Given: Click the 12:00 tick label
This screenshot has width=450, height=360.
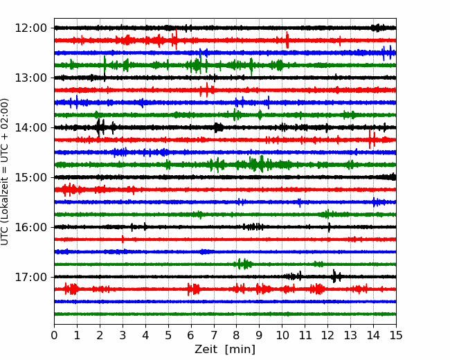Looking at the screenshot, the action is (x=30, y=28).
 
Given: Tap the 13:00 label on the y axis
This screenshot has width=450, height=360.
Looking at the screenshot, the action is (x=30, y=78).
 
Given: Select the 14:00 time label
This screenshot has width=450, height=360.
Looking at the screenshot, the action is (x=30, y=127).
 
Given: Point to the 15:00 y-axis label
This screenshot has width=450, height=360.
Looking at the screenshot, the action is (x=30, y=177).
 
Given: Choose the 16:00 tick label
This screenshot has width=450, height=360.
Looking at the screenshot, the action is (x=30, y=227).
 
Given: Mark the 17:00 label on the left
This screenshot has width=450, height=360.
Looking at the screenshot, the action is (x=30, y=277).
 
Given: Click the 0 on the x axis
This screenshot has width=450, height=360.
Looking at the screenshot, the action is (x=54, y=335).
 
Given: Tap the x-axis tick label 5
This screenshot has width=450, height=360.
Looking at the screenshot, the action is (x=168, y=335).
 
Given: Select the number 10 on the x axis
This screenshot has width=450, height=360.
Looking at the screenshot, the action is (x=282, y=335).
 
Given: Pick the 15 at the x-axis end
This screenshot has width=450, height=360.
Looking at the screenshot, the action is (x=396, y=335).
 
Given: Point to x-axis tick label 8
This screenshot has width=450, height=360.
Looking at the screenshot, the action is (x=237, y=335).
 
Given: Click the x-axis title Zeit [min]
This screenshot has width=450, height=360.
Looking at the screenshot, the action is (x=225, y=350).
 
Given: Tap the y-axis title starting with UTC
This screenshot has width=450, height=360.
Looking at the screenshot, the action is (x=4, y=172).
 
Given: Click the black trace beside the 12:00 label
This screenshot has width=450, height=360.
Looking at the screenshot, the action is (x=225, y=28).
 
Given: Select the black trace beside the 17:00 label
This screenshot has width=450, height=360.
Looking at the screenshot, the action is (x=225, y=277).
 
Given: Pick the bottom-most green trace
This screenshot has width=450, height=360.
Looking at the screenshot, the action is (x=225, y=314).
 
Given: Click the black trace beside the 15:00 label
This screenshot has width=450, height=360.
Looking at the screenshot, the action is (x=225, y=177).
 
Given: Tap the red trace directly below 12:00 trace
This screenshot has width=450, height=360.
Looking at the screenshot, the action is (x=225, y=40).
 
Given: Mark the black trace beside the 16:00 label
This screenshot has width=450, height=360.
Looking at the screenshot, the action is (x=225, y=227).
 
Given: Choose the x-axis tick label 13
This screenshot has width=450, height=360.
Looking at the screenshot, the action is (x=350, y=335).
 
